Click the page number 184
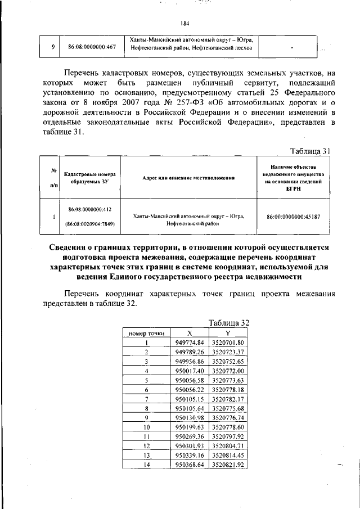(185, 23)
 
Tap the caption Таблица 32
(228, 323)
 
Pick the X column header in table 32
(189, 333)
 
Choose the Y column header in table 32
(228, 333)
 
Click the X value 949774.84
(189, 343)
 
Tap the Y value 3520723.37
(228, 352)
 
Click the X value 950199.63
(189, 427)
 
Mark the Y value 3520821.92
(228, 465)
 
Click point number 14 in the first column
(146, 465)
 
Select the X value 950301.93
(189, 446)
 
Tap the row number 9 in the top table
(52, 47)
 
